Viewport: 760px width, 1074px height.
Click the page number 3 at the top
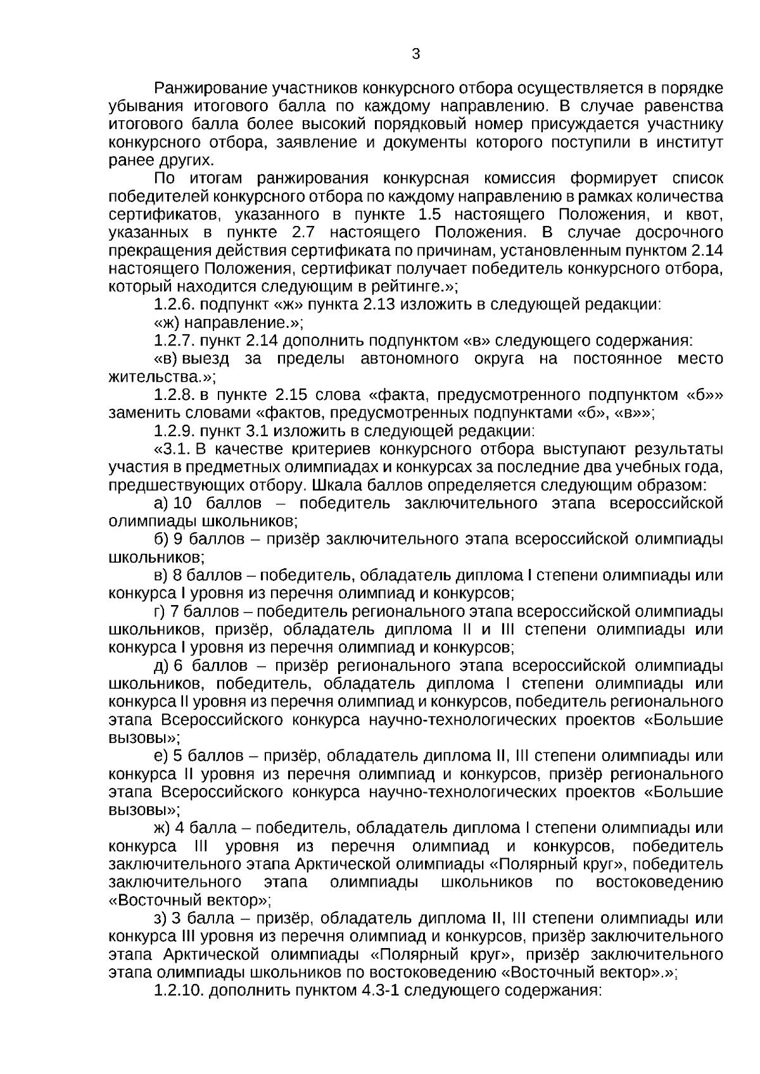(x=415, y=54)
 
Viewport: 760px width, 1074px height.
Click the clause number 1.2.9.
(x=175, y=432)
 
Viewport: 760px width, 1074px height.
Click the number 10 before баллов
(x=182, y=504)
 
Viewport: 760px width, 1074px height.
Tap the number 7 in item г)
(x=174, y=612)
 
